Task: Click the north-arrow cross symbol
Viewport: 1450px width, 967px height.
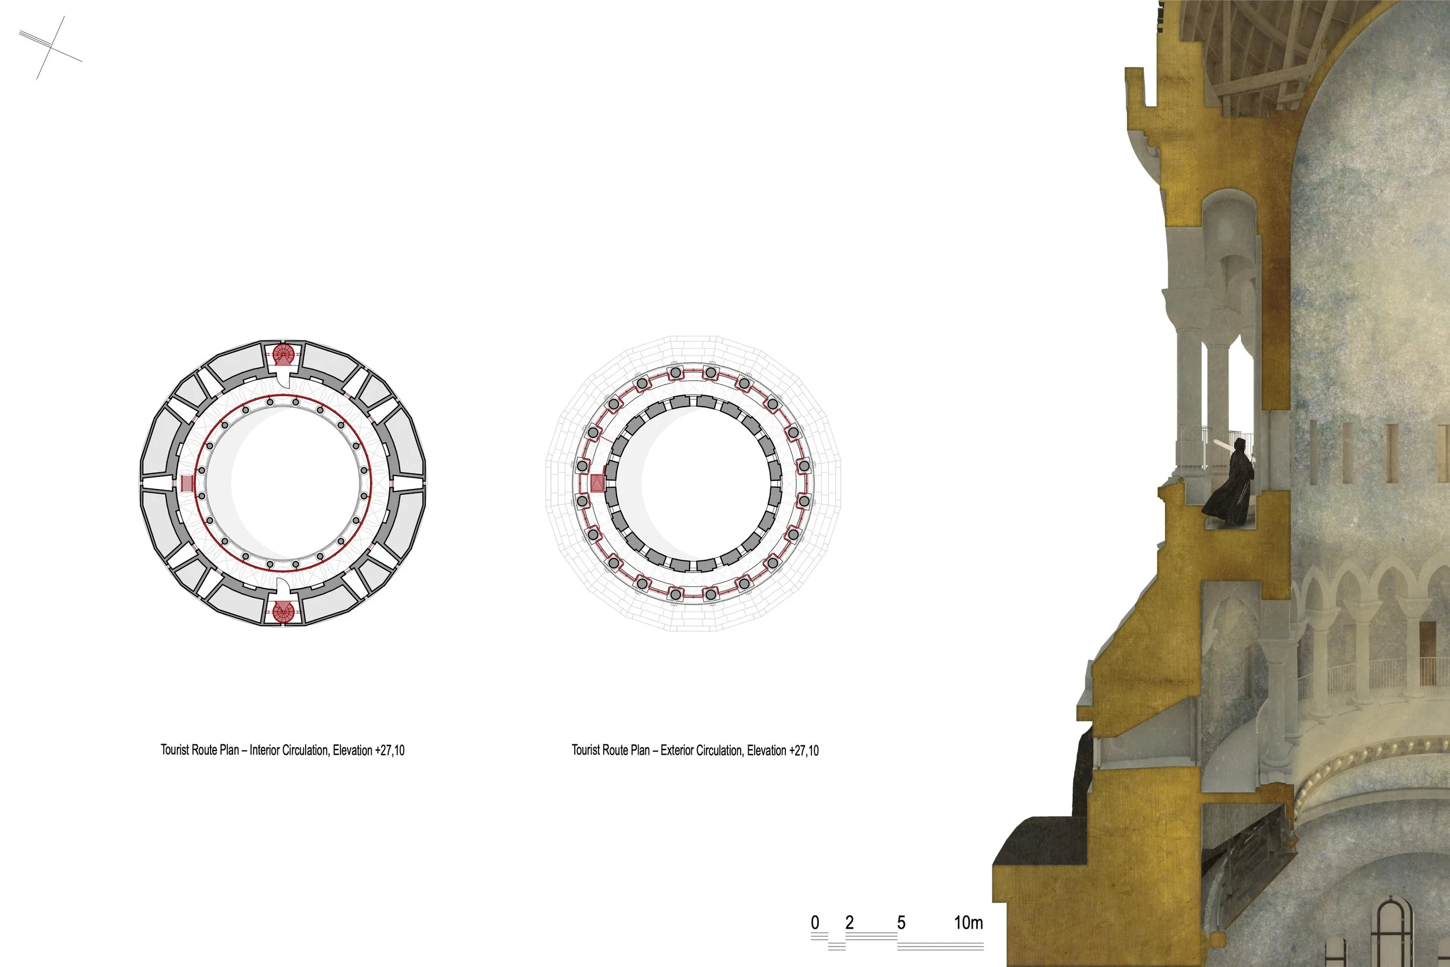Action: point(50,47)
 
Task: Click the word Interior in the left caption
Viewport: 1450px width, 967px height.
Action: point(264,750)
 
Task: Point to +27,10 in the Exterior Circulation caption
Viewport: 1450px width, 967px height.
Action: point(804,751)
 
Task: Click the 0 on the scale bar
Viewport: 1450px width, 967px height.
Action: point(815,922)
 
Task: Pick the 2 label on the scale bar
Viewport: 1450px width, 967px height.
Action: point(850,922)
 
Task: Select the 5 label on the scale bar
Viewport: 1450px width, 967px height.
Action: point(901,922)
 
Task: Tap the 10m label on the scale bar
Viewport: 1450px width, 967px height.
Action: point(969,922)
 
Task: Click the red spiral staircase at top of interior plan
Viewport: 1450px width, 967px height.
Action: point(283,354)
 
